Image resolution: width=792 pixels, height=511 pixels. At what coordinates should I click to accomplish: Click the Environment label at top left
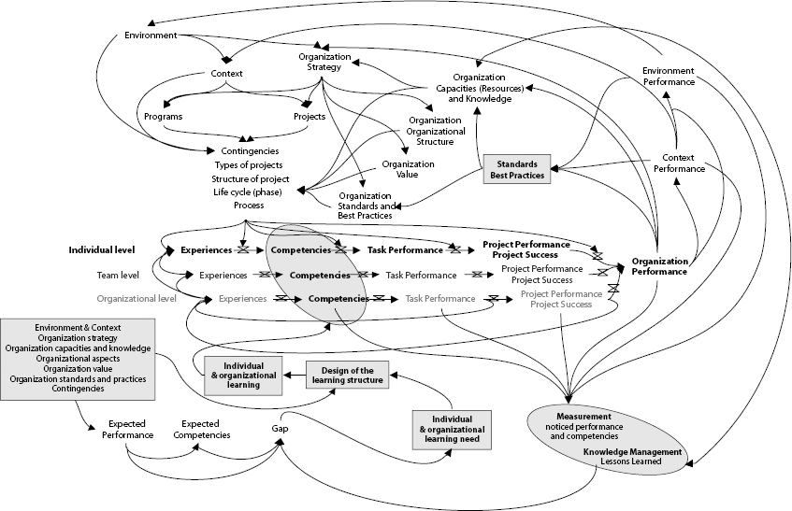[x=150, y=35]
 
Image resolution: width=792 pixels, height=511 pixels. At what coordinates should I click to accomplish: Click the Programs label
[x=163, y=117]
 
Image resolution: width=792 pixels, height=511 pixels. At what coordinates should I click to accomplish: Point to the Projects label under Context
[x=310, y=117]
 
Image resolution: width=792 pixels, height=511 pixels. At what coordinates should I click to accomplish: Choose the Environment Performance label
[x=669, y=76]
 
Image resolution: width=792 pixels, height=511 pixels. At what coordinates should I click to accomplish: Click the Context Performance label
[x=678, y=163]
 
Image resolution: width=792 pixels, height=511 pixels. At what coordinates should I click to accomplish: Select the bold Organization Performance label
[x=659, y=266]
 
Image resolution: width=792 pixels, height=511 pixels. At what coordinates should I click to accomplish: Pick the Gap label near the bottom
[x=280, y=429]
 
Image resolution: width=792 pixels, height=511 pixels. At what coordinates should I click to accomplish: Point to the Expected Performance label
[x=127, y=429]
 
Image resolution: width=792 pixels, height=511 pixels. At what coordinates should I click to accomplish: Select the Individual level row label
[x=102, y=250]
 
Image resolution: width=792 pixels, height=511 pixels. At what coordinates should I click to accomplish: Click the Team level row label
[x=117, y=276]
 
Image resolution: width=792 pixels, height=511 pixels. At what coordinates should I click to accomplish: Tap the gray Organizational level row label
[x=137, y=299]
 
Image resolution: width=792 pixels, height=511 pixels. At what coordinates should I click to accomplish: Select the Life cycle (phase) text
[x=247, y=192]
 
